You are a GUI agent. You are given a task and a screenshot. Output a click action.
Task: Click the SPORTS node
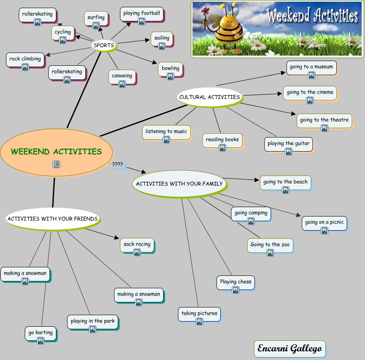point(104,45)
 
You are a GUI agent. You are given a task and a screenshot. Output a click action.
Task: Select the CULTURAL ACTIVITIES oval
point(210,97)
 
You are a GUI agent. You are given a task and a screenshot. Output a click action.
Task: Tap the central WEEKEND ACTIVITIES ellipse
point(56,152)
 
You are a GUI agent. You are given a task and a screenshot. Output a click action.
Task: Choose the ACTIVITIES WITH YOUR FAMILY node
point(179,184)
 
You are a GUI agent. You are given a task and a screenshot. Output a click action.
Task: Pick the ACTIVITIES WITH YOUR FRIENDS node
point(53,219)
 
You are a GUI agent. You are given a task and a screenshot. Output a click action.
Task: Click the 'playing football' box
point(142,13)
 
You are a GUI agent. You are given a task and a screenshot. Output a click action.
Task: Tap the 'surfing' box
point(96,18)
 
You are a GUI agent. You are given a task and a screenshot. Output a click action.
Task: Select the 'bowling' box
point(170,68)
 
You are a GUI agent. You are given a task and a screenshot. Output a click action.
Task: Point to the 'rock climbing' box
point(25,59)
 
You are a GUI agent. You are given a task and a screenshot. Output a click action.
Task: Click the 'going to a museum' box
point(311,67)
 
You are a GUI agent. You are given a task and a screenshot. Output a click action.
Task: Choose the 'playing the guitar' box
point(289,143)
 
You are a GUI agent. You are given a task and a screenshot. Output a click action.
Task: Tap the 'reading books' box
point(222,140)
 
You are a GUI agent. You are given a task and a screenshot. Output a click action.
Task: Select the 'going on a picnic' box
point(324,222)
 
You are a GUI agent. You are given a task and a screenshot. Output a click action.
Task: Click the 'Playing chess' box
point(236,282)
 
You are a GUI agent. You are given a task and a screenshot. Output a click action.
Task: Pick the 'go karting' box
point(41,333)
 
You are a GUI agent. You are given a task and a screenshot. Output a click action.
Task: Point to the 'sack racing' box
point(137,245)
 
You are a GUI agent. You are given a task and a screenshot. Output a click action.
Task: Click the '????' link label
point(117,164)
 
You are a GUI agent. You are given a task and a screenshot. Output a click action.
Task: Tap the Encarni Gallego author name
point(289,349)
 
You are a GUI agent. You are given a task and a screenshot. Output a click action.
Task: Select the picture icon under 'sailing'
point(162,46)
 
